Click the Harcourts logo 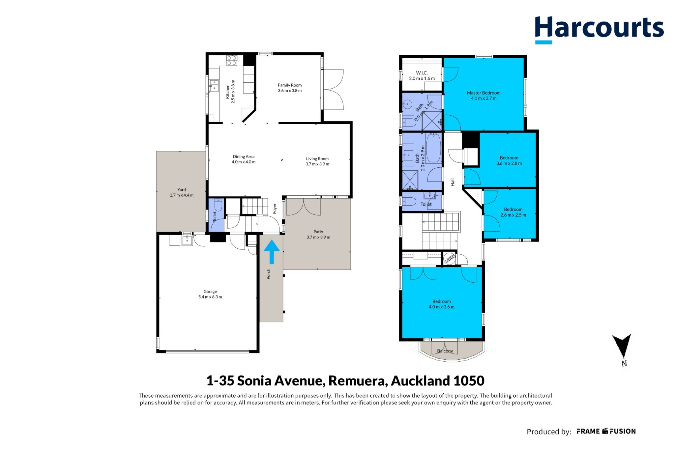click(599, 30)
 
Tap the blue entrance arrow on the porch click(272, 252)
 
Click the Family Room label click(290, 85)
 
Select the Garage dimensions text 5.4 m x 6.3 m click(210, 297)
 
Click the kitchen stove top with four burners click(231, 60)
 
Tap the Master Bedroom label click(484, 93)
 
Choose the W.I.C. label click(422, 73)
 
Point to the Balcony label click(445, 351)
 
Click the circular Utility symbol click(449, 258)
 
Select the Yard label click(182, 189)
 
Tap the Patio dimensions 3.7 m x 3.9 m click(318, 237)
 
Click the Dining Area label click(244, 156)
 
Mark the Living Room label click(317, 158)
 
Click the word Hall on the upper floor click(453, 182)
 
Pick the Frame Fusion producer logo click(606, 431)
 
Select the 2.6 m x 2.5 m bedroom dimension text click(513, 215)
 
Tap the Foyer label click(275, 209)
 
